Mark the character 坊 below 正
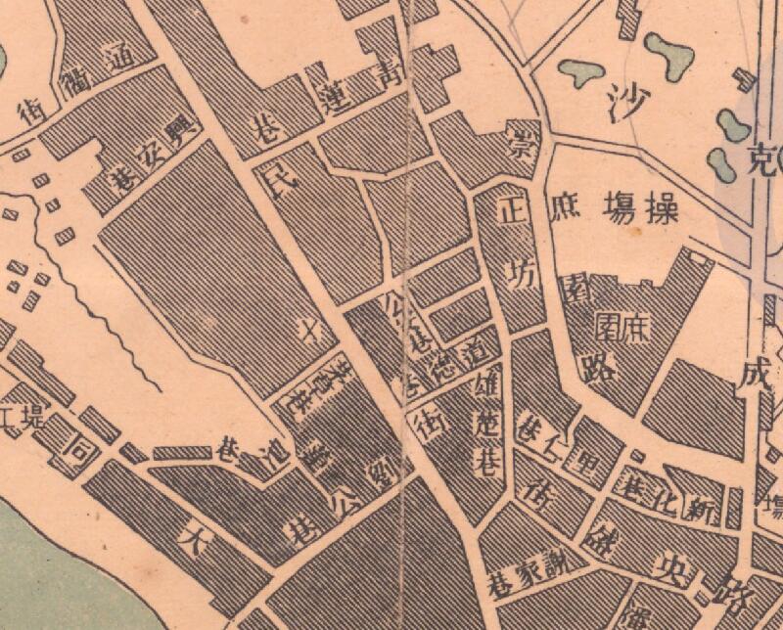click(x=525, y=276)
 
